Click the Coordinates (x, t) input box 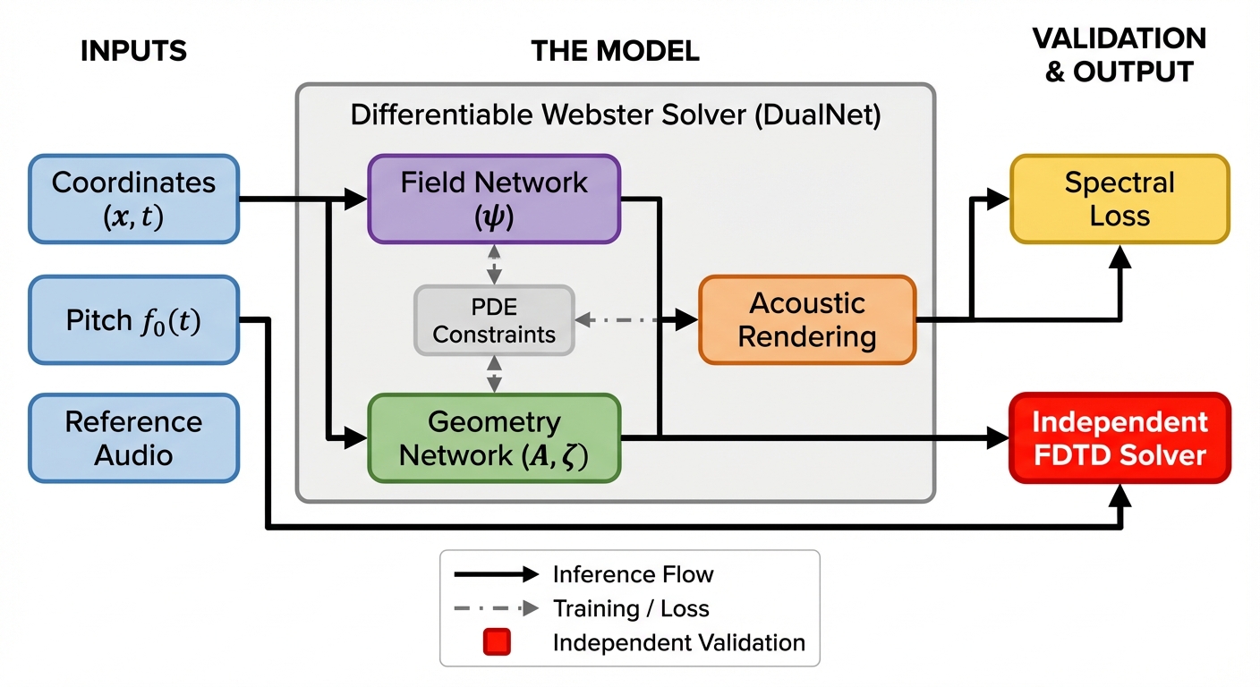(134, 199)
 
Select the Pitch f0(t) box (134, 320)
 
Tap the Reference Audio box (134, 438)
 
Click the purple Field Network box (494, 199)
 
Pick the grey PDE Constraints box (494, 320)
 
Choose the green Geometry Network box (494, 438)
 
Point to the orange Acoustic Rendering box (807, 320)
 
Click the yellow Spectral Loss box (1120, 199)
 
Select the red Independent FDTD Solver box (1120, 438)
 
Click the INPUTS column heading (133, 52)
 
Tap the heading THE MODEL (615, 52)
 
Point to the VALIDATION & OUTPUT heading (1119, 55)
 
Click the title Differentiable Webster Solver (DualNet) (616, 116)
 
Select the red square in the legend (497, 642)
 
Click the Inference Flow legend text (633, 574)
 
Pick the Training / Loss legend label (630, 609)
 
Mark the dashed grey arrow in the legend (496, 609)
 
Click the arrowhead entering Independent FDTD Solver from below (1120, 496)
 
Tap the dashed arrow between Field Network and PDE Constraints (494, 264)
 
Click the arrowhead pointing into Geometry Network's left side (357, 438)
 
